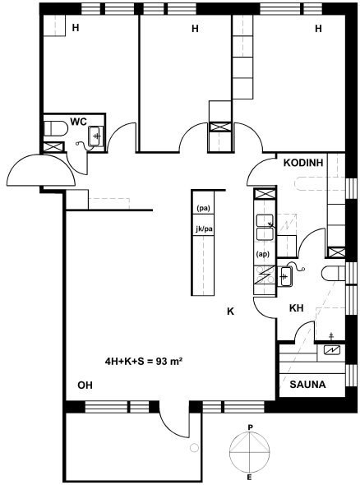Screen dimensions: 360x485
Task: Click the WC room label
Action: (79, 122)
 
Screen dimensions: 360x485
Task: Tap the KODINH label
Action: (303, 163)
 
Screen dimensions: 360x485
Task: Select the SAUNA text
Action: (307, 385)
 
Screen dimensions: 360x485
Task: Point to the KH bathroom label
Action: (296, 308)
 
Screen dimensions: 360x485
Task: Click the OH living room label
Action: (85, 385)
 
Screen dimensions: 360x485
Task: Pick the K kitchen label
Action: (230, 312)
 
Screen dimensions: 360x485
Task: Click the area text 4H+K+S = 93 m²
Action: (143, 361)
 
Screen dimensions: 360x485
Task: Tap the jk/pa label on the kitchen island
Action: (204, 229)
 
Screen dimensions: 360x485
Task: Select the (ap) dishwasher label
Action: (263, 254)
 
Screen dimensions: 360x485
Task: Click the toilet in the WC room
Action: (55, 128)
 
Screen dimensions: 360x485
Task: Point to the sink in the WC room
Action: (96, 136)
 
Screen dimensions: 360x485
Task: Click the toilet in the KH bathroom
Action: (333, 273)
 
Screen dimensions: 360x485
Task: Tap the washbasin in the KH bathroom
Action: (285, 276)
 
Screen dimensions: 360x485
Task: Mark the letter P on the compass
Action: (250, 427)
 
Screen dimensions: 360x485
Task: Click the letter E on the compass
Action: (250, 478)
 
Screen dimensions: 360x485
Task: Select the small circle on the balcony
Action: (194, 447)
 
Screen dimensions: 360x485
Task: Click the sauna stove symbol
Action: (331, 350)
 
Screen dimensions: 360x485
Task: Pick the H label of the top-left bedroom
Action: (76, 28)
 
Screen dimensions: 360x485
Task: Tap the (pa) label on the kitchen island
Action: (203, 209)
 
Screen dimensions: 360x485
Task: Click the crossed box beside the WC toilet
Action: (53, 147)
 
